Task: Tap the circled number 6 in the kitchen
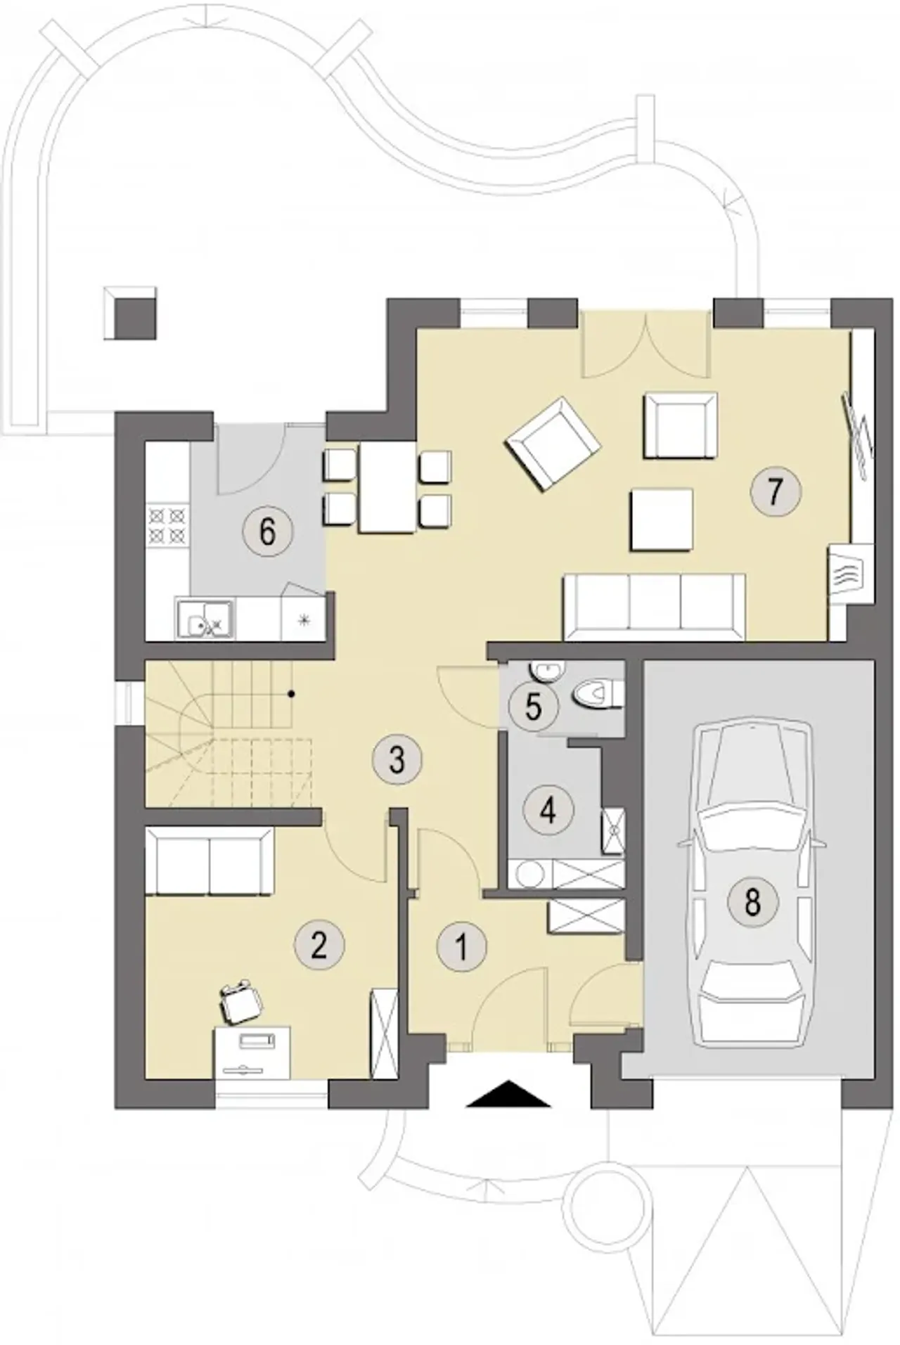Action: [266, 532]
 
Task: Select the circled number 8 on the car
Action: [752, 901]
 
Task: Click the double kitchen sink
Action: [206, 618]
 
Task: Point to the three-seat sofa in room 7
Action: [654, 607]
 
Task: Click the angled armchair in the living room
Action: [553, 443]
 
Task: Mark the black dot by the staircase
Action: [292, 695]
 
